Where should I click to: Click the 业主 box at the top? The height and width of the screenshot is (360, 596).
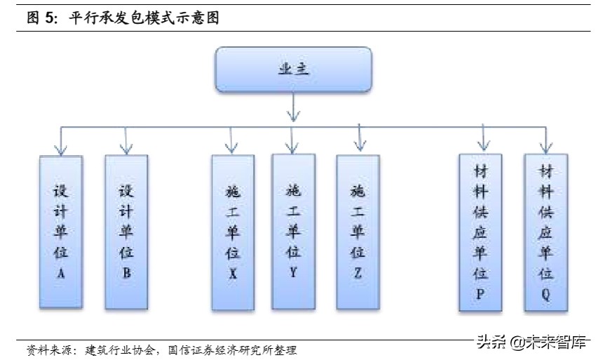tap(292, 69)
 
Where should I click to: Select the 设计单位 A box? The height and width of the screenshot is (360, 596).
tap(61, 232)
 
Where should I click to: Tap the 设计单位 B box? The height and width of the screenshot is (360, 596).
tap(126, 232)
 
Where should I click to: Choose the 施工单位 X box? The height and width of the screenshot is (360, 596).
tap(233, 232)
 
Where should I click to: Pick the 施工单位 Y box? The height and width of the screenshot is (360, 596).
tap(293, 232)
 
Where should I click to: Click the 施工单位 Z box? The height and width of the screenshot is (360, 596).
tap(358, 232)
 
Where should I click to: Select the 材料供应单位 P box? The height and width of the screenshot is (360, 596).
tap(480, 232)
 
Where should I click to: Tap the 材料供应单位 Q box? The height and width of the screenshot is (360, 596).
tap(546, 232)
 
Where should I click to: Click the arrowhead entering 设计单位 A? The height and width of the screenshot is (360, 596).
tap(61, 148)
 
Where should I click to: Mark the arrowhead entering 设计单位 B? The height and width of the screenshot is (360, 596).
tap(126, 148)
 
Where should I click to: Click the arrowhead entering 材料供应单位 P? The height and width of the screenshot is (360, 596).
tap(482, 147)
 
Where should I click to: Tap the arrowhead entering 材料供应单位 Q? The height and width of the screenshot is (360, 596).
tap(546, 147)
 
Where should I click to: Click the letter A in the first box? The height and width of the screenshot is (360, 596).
tap(61, 274)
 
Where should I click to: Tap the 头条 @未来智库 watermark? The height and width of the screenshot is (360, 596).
tap(531, 342)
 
